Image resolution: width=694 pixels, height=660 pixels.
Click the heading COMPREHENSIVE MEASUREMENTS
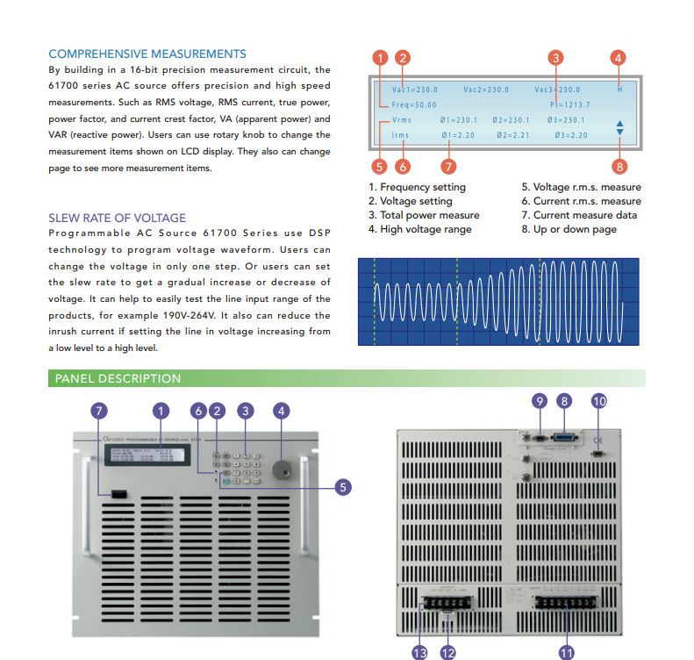point(147,54)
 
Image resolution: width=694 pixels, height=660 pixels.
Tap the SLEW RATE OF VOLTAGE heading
point(117,218)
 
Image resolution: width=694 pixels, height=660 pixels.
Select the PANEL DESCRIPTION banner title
point(118,379)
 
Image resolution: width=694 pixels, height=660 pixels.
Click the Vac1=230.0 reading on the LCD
point(414,90)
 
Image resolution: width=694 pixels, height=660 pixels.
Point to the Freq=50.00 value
point(414,104)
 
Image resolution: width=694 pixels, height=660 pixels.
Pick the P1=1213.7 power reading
point(569,104)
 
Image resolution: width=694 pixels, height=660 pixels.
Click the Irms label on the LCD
point(400,135)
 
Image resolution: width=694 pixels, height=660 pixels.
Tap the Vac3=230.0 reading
point(557,90)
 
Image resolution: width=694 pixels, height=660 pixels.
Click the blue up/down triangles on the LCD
point(619,127)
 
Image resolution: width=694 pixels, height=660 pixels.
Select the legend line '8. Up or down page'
point(569,229)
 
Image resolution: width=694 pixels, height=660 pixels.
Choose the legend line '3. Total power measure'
point(424,215)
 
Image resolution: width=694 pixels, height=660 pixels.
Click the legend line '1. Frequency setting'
point(417,187)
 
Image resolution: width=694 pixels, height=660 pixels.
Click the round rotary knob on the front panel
point(282,468)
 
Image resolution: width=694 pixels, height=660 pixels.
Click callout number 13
point(419,652)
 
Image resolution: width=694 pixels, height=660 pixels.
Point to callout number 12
point(448,652)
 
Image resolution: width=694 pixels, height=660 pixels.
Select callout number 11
point(566,652)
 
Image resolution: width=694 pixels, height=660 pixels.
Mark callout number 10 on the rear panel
point(598,401)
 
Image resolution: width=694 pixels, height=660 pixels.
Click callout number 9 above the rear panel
point(540,401)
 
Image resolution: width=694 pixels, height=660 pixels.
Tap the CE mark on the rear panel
point(598,440)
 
